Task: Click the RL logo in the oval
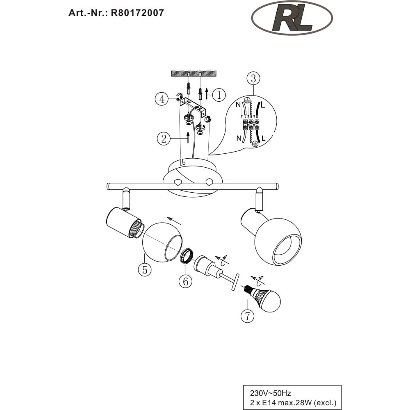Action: click(x=292, y=18)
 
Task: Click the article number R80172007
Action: click(x=137, y=13)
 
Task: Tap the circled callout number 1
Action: click(x=219, y=95)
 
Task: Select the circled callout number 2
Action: click(x=164, y=139)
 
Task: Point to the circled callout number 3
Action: click(x=253, y=78)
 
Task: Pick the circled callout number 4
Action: click(x=162, y=99)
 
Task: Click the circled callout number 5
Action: click(x=145, y=269)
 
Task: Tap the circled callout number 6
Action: click(x=185, y=281)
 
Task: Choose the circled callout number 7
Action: click(x=247, y=316)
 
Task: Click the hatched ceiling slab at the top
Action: click(x=194, y=73)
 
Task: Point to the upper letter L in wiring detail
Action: click(x=263, y=105)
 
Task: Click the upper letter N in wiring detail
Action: click(x=238, y=105)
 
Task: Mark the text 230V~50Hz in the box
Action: click(x=270, y=393)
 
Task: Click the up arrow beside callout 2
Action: click(x=188, y=137)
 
